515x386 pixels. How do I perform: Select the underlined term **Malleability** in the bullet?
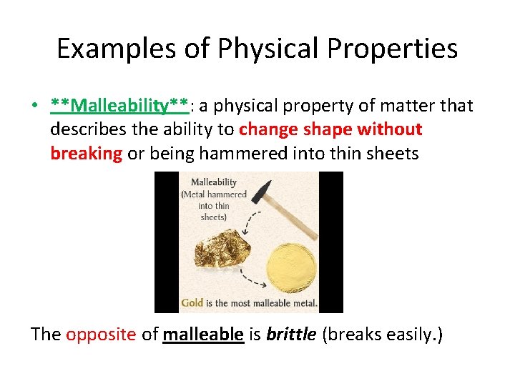point(119,106)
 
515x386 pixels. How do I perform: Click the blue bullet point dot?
point(34,107)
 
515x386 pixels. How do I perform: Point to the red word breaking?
point(87,153)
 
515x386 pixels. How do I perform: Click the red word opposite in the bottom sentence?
point(100,334)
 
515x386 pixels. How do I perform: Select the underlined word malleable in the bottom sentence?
point(203,334)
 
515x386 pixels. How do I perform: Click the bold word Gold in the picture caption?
point(192,302)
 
